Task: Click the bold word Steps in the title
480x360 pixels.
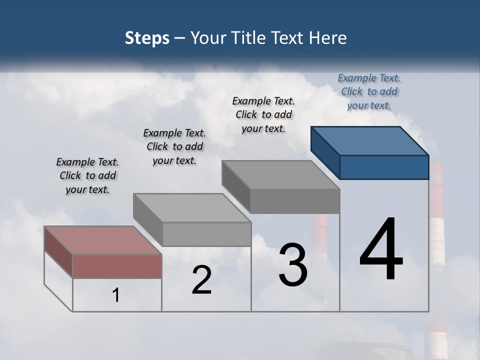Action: pyautogui.click(x=147, y=38)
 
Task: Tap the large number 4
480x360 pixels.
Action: pyautogui.click(x=381, y=249)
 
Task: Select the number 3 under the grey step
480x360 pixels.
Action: pyautogui.click(x=293, y=265)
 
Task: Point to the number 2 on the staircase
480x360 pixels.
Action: pyautogui.click(x=202, y=280)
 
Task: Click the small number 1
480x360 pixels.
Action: pyautogui.click(x=116, y=295)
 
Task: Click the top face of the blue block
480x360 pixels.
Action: pyautogui.click(x=370, y=140)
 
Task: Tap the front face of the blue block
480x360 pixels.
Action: pyautogui.click(x=384, y=167)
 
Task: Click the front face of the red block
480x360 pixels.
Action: pyautogui.click(x=117, y=266)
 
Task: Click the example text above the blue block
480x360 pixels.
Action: pyautogui.click(x=369, y=91)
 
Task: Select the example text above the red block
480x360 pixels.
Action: pyautogui.click(x=87, y=175)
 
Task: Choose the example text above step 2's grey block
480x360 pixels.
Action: pyautogui.click(x=174, y=146)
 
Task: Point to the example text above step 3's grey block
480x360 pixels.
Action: pyautogui.click(x=263, y=114)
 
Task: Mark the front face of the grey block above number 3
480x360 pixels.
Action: pyautogui.click(x=295, y=201)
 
